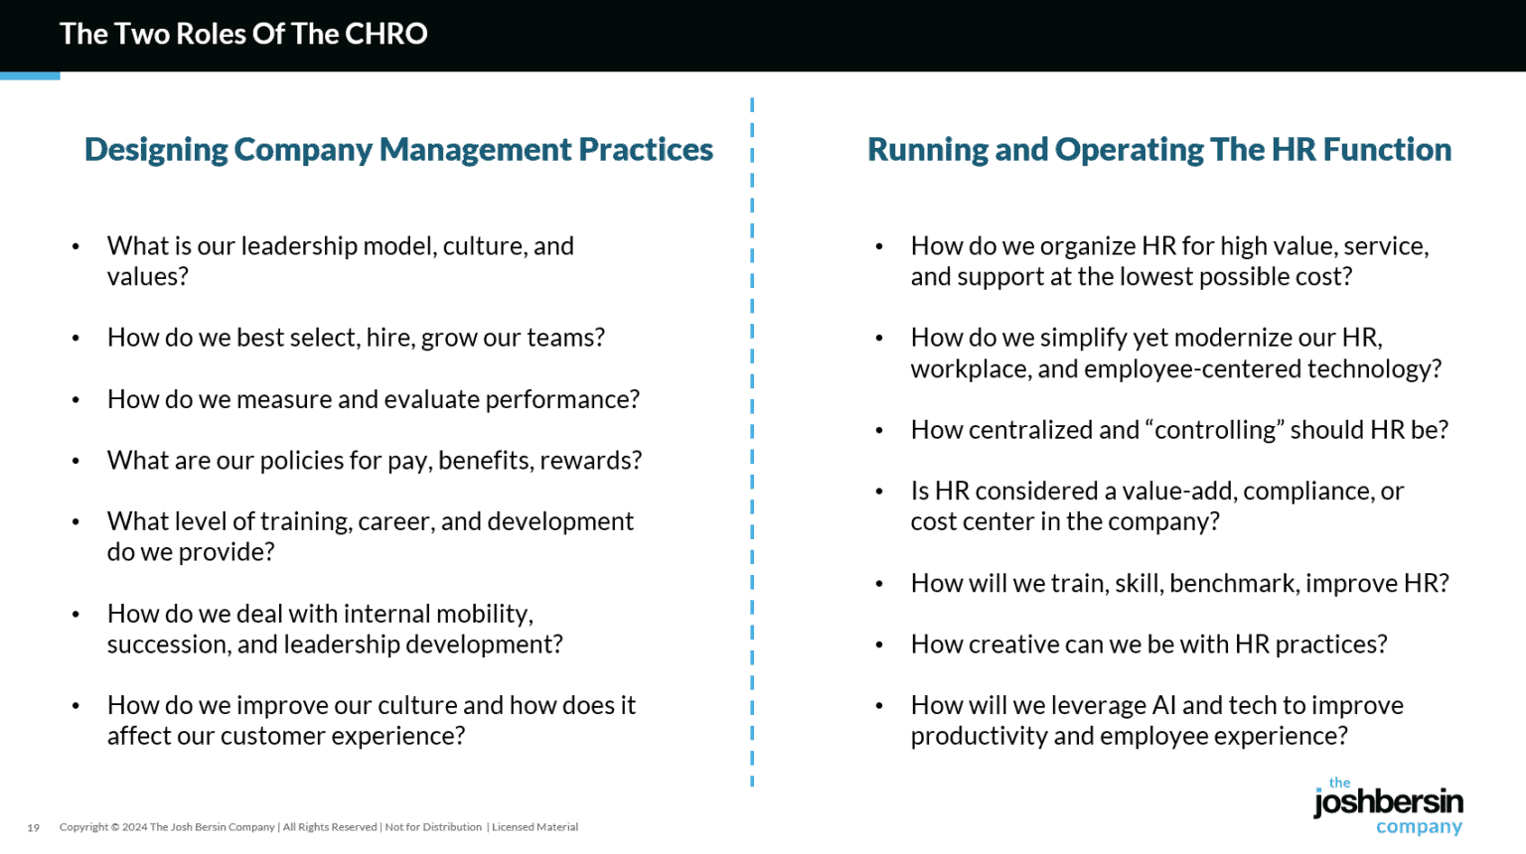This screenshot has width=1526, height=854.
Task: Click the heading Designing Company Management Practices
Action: point(398,149)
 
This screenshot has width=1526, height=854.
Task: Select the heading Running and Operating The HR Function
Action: point(1158,149)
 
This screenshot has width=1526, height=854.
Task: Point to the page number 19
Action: point(34,827)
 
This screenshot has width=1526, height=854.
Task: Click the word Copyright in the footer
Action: point(83,827)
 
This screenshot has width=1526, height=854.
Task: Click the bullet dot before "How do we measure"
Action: point(76,400)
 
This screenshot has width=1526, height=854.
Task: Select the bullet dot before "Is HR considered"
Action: point(879,492)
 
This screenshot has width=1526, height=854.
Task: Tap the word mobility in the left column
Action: point(483,614)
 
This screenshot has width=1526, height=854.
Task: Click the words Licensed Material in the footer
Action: point(534,827)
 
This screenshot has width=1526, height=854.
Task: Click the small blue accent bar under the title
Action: point(30,75)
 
